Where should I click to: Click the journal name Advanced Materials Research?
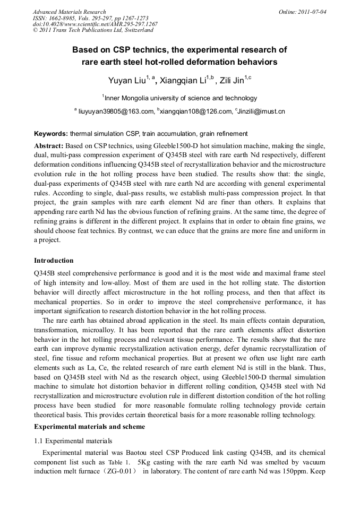(x=69, y=11)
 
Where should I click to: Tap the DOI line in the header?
(x=95, y=24)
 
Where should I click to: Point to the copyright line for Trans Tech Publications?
(x=93, y=30)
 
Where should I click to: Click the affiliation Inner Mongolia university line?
(x=179, y=98)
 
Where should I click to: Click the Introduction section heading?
(x=54, y=261)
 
